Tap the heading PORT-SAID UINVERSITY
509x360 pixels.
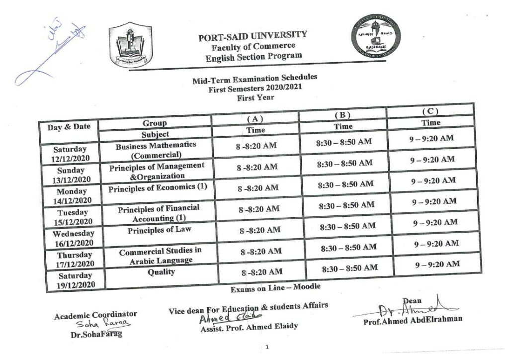point(253,37)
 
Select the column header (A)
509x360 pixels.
point(255,119)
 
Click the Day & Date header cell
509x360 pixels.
point(69,126)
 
